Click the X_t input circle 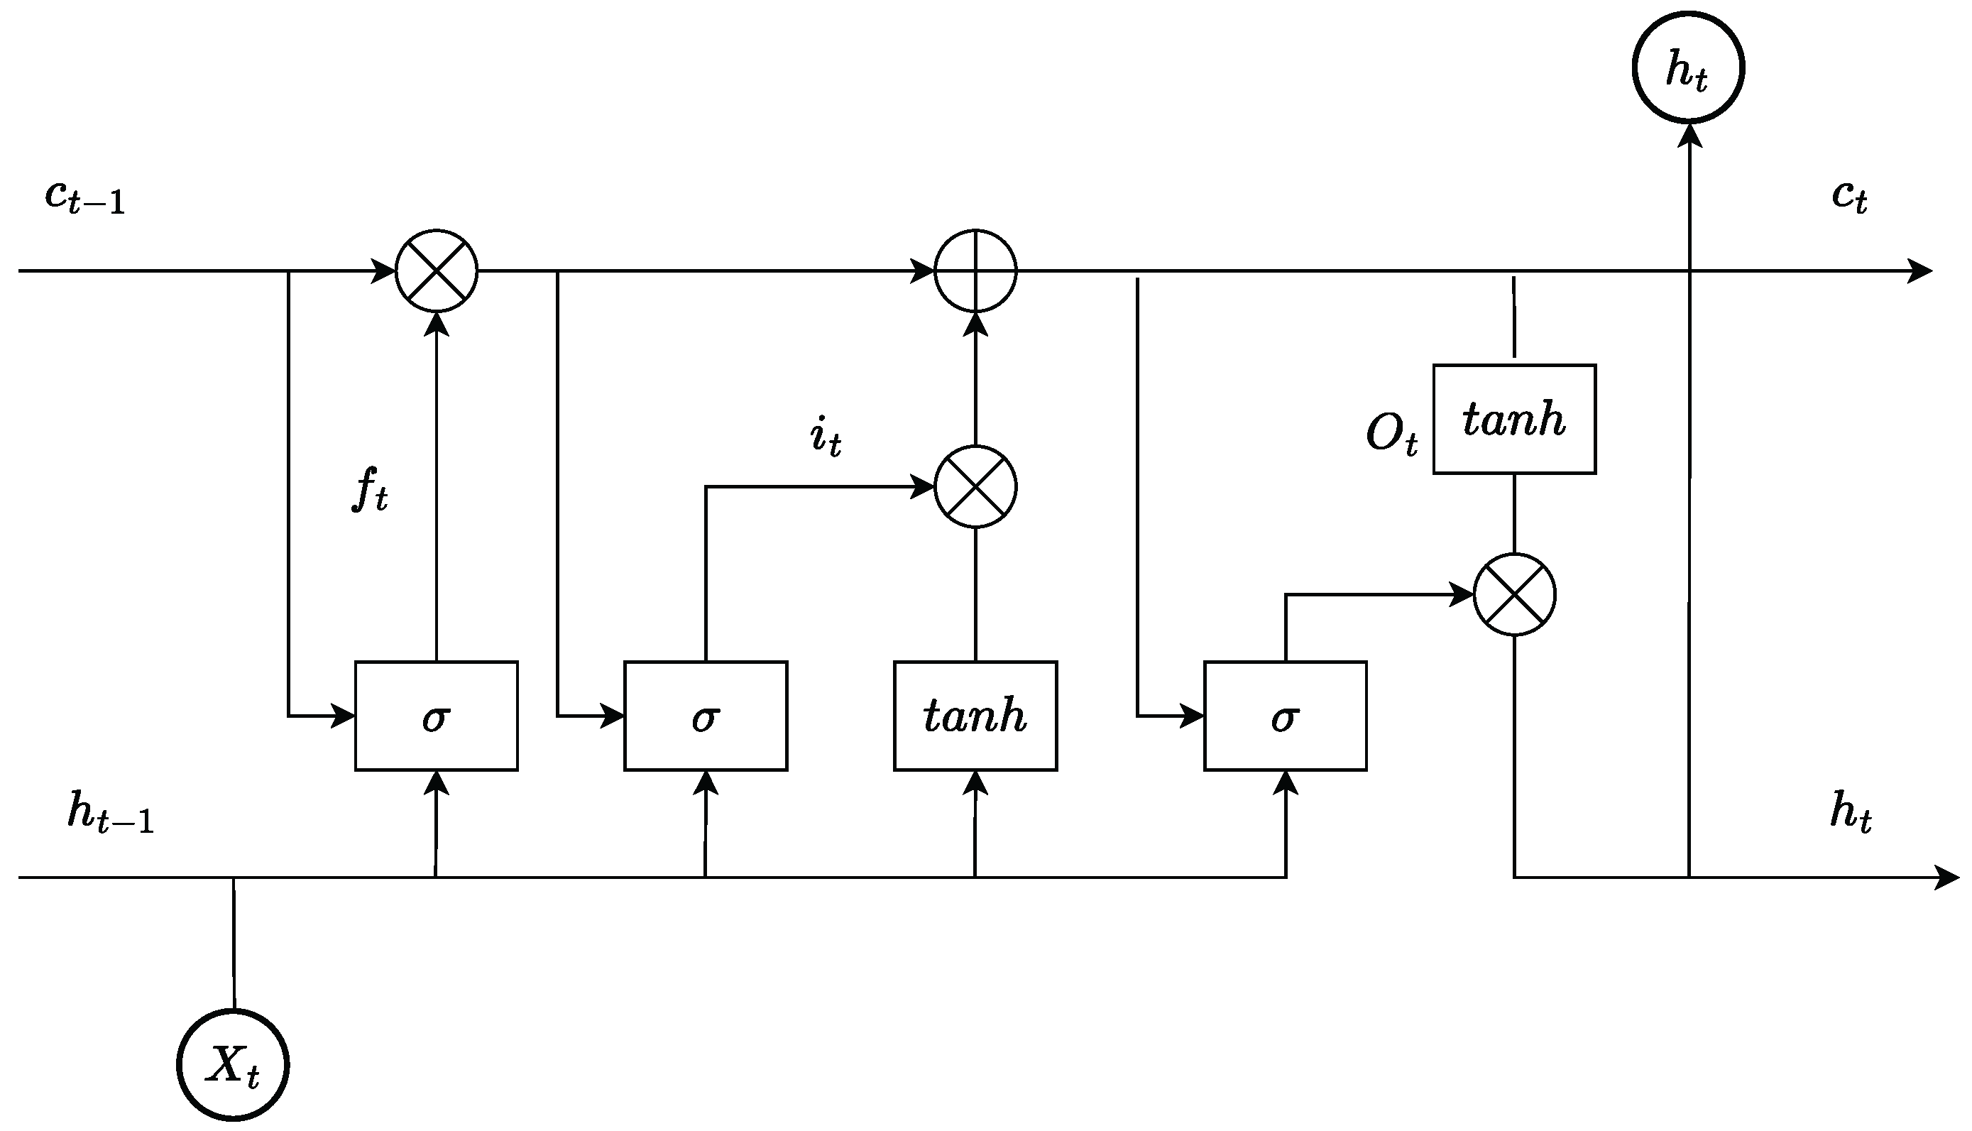point(233,1065)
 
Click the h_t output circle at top point(1689,67)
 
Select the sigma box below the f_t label point(437,716)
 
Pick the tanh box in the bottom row point(975,716)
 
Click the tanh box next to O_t point(1515,420)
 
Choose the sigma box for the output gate point(1286,716)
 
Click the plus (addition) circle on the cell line point(975,271)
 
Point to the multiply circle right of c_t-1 point(437,271)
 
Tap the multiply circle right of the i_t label point(975,487)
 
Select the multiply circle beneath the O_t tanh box point(1515,595)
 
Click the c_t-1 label point(84,197)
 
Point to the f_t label point(370,489)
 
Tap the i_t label point(826,437)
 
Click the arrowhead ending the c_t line point(1920,271)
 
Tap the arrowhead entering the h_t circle point(1689,134)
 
